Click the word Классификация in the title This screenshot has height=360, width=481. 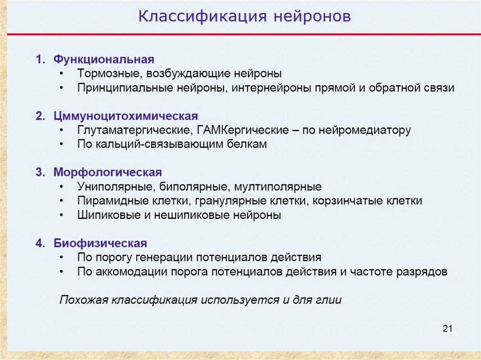pyautogui.click(x=202, y=16)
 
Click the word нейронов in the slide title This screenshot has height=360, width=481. pyautogui.click(x=312, y=16)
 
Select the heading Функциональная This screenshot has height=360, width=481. pyautogui.click(x=104, y=60)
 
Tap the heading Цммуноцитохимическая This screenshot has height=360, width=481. pyautogui.click(x=126, y=116)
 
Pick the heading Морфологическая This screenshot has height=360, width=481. pyautogui.click(x=108, y=172)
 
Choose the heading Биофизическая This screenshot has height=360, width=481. pyautogui.click(x=101, y=243)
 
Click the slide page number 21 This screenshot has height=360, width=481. pyautogui.click(x=448, y=329)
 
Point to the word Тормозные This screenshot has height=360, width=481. pyautogui.click(x=110, y=74)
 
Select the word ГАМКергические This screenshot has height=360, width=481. pyautogui.click(x=243, y=130)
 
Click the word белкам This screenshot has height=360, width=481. pyautogui.click(x=247, y=144)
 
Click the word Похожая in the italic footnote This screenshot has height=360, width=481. pyautogui.click(x=84, y=300)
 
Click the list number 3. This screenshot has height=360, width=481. pyautogui.click(x=40, y=172)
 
